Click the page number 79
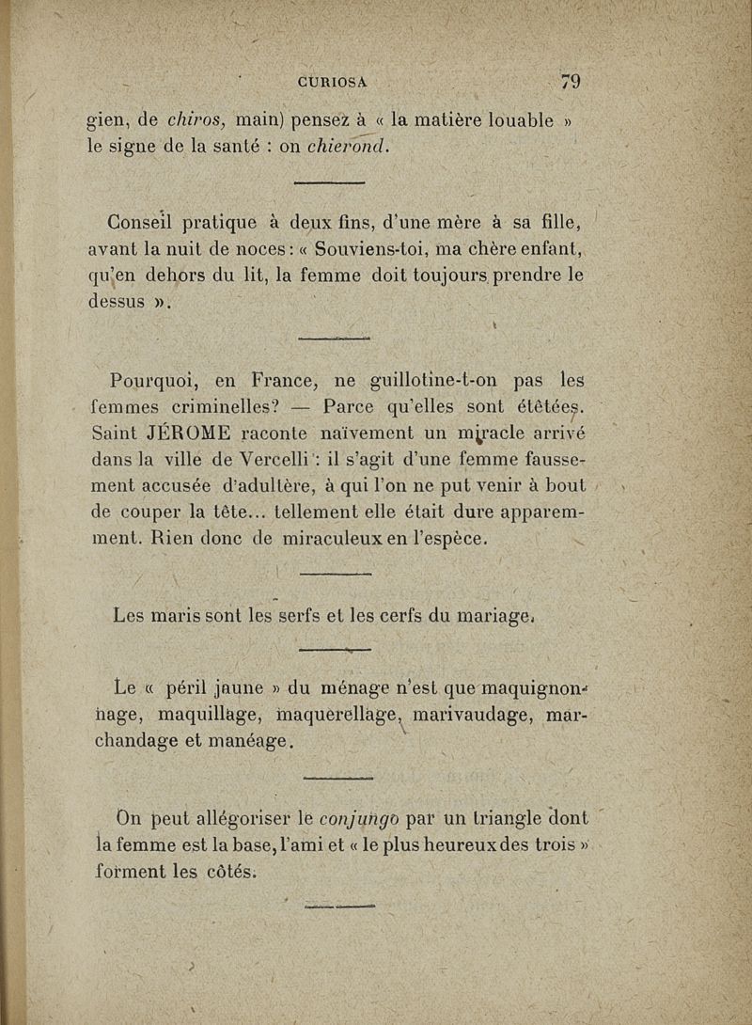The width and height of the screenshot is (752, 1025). tap(570, 82)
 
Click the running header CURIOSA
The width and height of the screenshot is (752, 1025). tap(332, 82)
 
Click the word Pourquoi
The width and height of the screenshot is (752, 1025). tap(152, 382)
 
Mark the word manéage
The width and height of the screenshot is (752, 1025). tap(253, 742)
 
